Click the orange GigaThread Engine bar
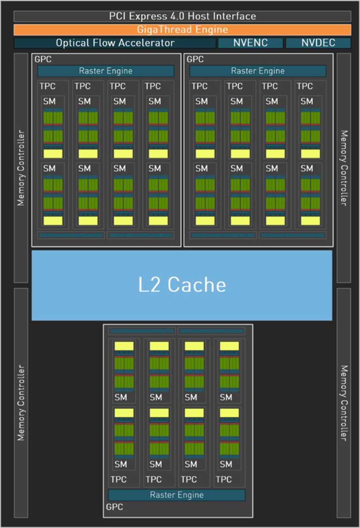pyautogui.click(x=182, y=30)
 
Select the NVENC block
pyautogui.click(x=250, y=43)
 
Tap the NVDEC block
pyautogui.click(x=318, y=43)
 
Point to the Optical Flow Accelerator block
pyautogui.click(x=115, y=43)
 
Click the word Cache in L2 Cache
pyautogui.click(x=197, y=285)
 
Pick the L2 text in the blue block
pyautogui.click(x=149, y=285)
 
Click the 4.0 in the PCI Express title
pyautogui.click(x=177, y=16)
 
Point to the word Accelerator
pyautogui.click(x=146, y=43)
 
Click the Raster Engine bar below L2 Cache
pyautogui.click(x=177, y=495)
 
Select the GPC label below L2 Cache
pyautogui.click(x=114, y=507)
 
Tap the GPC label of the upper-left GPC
pyautogui.click(x=43, y=59)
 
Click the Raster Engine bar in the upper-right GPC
pyautogui.click(x=258, y=71)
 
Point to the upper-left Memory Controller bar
pyautogui.click(x=21, y=168)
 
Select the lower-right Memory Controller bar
pyautogui.click(x=344, y=403)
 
